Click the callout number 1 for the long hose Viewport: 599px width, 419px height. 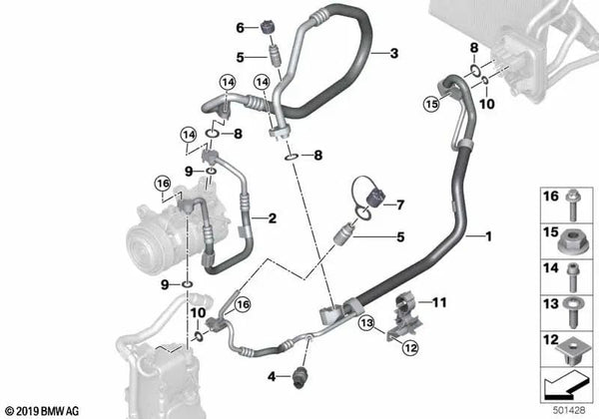tap(488, 236)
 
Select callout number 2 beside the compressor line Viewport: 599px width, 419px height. tap(272, 218)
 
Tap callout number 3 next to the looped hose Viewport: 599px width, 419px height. tap(394, 54)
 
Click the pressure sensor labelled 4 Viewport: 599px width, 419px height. tap(299, 378)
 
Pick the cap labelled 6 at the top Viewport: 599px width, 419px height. tap(268, 29)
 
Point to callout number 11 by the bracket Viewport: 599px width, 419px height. tap(439, 302)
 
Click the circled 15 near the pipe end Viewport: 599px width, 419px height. tap(431, 104)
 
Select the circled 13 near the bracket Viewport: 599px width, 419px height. tap(366, 323)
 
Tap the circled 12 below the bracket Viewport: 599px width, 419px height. tap(410, 347)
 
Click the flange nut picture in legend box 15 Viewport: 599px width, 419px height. tap(570, 242)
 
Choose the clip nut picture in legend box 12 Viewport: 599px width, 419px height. tap(570, 350)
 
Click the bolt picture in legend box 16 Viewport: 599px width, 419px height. tap(573, 206)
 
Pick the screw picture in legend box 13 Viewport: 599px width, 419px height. tap(573, 312)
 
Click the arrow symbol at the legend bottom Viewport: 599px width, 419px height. tap(565, 386)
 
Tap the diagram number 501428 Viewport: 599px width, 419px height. tap(569, 410)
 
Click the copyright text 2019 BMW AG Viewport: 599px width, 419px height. tap(43, 411)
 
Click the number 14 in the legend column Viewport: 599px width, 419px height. tap(551, 268)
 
